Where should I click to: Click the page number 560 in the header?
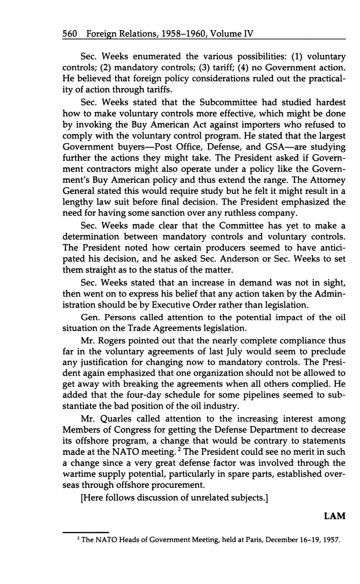pyautogui.click(x=69, y=33)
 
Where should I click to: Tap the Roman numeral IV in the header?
pyautogui.click(x=248, y=33)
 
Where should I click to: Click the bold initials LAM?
pyautogui.click(x=335, y=516)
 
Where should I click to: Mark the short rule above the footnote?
pyautogui.click(x=86, y=532)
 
